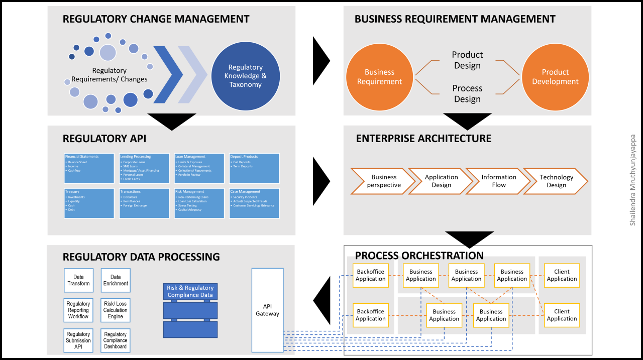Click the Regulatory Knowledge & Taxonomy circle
pos(246,76)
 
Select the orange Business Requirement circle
pos(379,77)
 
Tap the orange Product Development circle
pos(555,77)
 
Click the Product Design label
pos(467,60)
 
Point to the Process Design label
pos(467,93)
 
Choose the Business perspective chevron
pos(383,181)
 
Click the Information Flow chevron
pos(498,181)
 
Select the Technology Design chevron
pos(555,181)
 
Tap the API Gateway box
pos(267,310)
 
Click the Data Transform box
pos(78,280)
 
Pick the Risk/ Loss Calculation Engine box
pos(116,310)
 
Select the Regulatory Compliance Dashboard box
pos(116,340)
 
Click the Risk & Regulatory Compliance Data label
pos(190,291)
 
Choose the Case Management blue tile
pos(254,203)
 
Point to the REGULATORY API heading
pos(104,139)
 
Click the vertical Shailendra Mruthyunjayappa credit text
pos(632,180)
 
